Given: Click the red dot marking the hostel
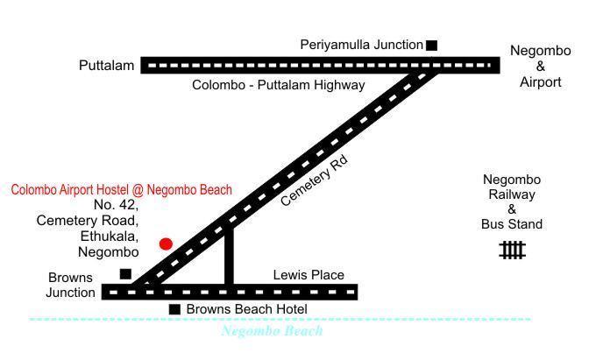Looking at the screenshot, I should point(166,244).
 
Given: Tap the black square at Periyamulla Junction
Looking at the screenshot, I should point(431,45).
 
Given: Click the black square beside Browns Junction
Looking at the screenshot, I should point(125,274).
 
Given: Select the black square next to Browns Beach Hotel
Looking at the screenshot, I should point(174,309).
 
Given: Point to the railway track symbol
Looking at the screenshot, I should point(512,251).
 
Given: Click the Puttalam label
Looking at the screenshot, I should point(106,66).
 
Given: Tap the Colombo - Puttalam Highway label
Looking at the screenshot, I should point(278,85).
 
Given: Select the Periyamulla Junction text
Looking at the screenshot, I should point(361,45).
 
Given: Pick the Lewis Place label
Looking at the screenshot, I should point(309,275).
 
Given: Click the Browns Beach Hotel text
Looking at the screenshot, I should point(246,309).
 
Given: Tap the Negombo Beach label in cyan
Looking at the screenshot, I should point(272,331).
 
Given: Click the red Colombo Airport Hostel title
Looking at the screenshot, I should point(122,189).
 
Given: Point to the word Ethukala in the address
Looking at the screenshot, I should point(109,236).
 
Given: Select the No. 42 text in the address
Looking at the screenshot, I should point(116,205).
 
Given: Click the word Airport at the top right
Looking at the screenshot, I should point(540,82).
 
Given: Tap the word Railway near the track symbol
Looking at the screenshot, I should point(512,194).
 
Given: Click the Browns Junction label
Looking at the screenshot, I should point(70,285).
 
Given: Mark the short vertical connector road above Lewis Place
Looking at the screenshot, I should point(229,256).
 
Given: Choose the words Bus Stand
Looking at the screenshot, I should point(512,224).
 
